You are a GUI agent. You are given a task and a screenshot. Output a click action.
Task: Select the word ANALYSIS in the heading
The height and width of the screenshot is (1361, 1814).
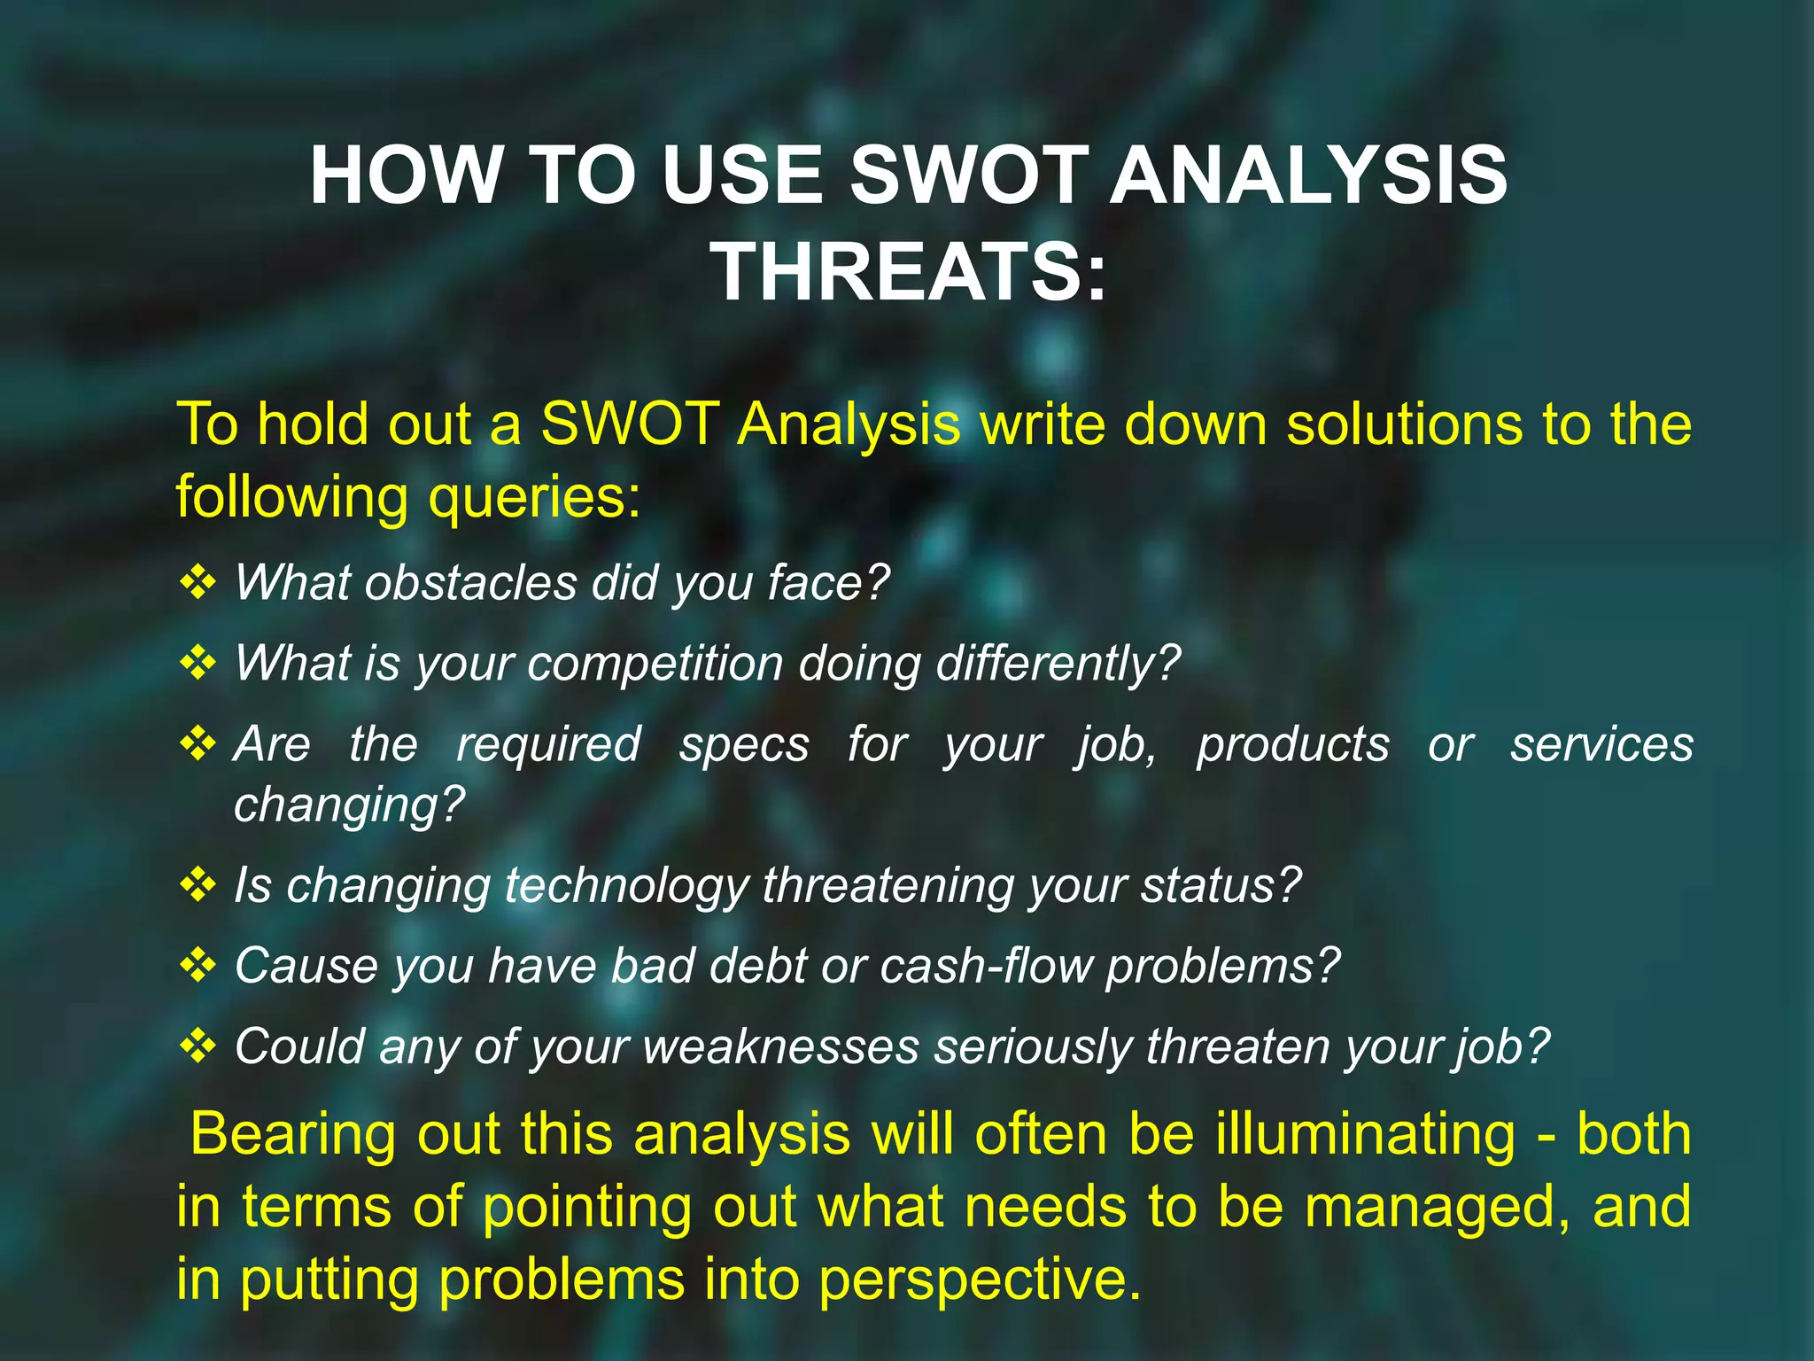[1308, 175]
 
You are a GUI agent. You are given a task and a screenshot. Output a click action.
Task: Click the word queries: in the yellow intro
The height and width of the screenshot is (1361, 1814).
[534, 498]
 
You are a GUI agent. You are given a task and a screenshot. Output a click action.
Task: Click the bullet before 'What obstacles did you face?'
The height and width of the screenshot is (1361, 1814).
[198, 582]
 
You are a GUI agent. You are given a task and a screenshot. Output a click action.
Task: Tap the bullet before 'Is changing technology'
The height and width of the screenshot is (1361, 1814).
[198, 884]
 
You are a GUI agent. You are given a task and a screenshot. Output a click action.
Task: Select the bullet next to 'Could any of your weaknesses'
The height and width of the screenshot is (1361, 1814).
[198, 1046]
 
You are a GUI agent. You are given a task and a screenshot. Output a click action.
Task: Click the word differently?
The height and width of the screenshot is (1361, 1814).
[1058, 664]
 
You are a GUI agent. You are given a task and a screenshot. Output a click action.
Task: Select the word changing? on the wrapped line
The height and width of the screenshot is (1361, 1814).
[349, 805]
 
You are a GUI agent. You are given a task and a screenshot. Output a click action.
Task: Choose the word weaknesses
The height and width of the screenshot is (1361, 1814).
[780, 1047]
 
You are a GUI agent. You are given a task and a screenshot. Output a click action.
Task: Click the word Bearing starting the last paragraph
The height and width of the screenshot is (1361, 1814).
[293, 1135]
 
